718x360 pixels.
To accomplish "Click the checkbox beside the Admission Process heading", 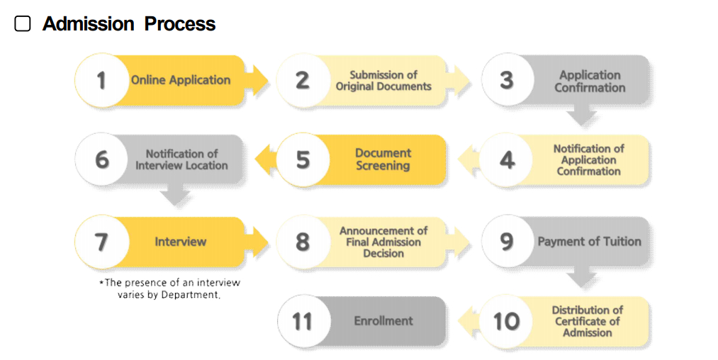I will [23, 24].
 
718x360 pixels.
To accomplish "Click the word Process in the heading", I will [180, 24].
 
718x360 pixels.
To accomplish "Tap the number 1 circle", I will [101, 80].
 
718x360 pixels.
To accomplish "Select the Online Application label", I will [181, 80].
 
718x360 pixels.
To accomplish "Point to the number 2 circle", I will [303, 80].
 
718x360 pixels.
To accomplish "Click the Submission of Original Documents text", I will [383, 80].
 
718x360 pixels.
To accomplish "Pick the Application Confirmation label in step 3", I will [590, 81].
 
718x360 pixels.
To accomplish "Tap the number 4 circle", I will [507, 160].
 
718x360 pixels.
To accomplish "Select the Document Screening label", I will [383, 159].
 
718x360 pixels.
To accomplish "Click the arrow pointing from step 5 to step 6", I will [264, 159].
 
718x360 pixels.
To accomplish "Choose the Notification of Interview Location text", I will [181, 159].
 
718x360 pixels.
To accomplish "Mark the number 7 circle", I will [101, 242].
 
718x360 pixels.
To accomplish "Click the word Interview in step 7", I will [181, 242].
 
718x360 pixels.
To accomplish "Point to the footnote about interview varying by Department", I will [169, 288].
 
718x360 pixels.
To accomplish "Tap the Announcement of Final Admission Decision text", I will [383, 242].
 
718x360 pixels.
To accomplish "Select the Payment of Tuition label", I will [589, 242].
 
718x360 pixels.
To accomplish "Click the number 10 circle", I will [507, 321].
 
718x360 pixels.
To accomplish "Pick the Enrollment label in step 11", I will [383, 321].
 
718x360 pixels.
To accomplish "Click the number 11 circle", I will [303, 321].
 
